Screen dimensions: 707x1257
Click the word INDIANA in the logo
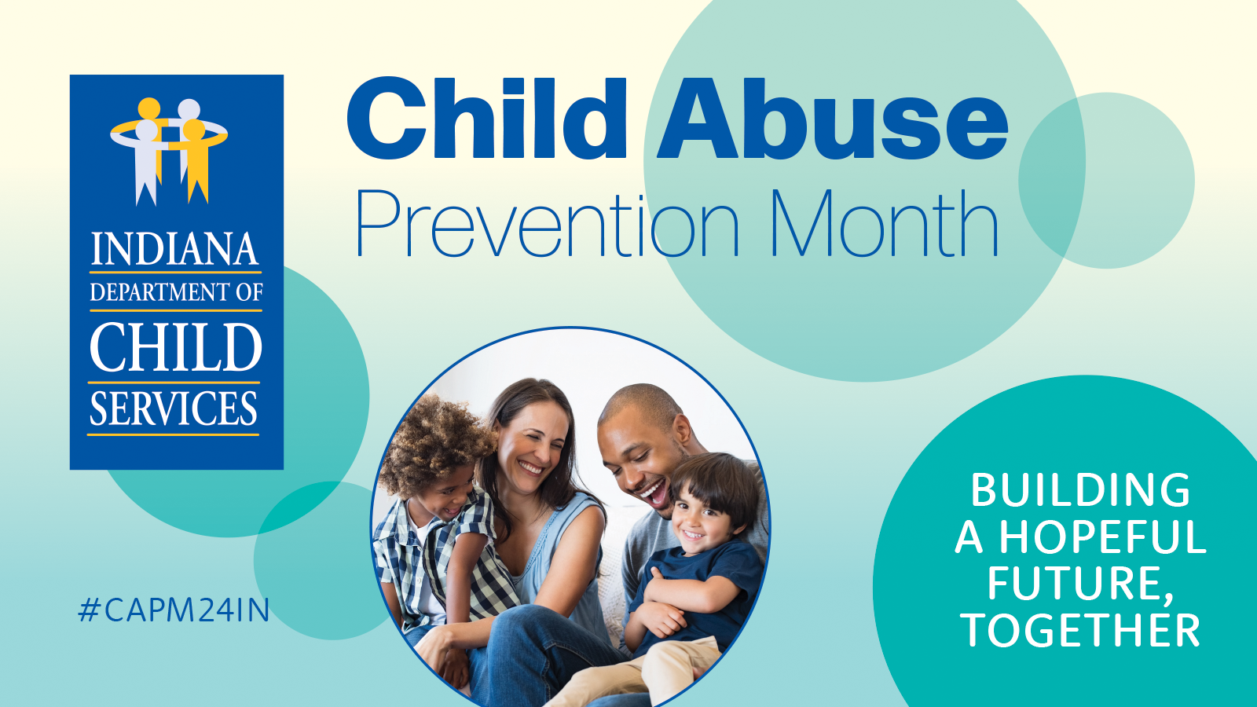click(174, 250)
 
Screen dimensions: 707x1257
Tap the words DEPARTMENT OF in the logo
click(176, 292)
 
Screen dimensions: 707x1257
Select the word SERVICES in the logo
click(174, 409)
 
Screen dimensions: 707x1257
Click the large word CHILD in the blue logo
click(176, 348)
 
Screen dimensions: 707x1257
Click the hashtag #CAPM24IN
click(174, 610)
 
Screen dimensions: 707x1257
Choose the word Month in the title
click(883, 225)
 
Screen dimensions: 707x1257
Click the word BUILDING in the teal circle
click(1080, 491)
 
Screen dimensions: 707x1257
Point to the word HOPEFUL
click(1102, 538)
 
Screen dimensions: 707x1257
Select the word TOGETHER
click(1080, 631)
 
